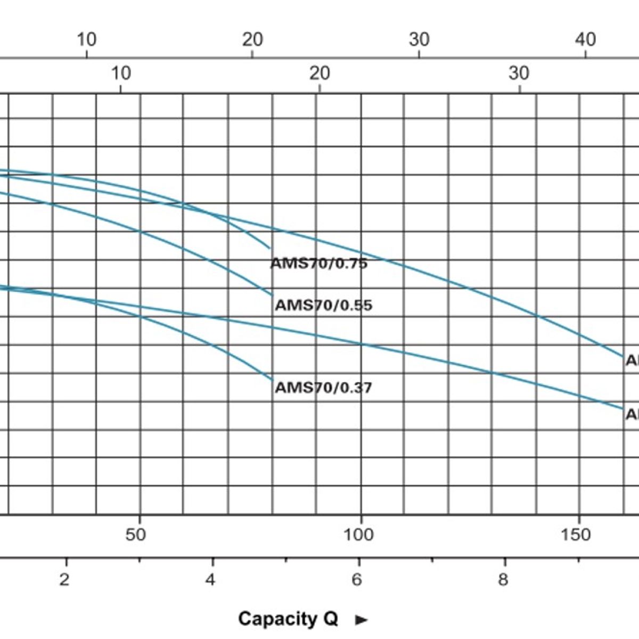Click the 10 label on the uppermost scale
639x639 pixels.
[86, 39]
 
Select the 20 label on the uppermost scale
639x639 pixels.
[252, 39]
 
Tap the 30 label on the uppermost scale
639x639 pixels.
[419, 39]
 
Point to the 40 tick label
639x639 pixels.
[585, 39]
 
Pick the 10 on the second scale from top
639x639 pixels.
[121, 73]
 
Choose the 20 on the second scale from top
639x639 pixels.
[319, 73]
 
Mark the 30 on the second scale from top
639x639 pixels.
[519, 73]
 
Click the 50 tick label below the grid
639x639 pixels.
[135, 535]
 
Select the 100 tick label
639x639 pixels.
[358, 535]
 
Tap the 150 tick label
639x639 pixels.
[576, 535]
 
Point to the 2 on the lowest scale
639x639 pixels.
[64, 579]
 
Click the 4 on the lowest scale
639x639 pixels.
[211, 579]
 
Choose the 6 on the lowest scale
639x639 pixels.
[357, 579]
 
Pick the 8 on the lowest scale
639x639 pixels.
[503, 579]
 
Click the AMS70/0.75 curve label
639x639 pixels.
[319, 264]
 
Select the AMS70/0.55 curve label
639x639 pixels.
[323, 306]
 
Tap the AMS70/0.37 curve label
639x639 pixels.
[323, 388]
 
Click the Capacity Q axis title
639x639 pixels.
[288, 619]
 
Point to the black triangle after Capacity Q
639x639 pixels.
[362, 620]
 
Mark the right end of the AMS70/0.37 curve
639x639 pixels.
[273, 380]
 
